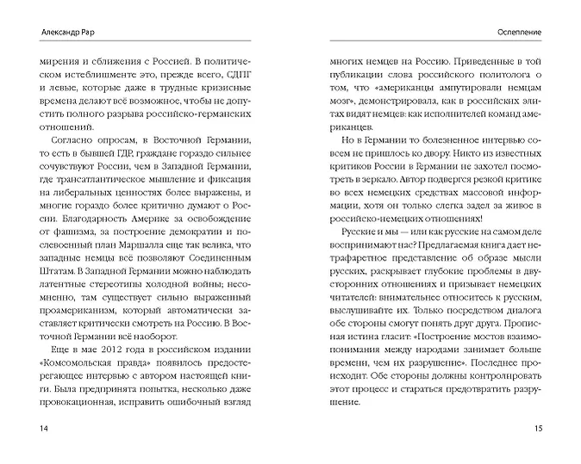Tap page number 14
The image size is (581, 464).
34,428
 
